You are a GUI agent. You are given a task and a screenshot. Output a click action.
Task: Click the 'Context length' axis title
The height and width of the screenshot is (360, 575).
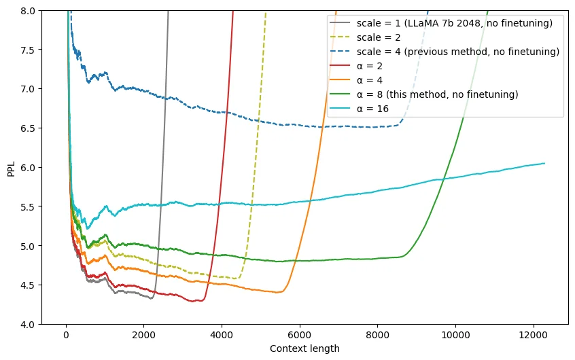[304, 348]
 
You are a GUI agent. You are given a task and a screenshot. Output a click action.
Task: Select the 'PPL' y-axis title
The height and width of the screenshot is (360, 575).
[11, 168]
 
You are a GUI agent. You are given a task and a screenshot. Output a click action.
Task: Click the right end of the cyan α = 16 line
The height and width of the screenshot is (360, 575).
[544, 163]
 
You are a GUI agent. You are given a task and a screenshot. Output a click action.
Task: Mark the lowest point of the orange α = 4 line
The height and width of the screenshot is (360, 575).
[278, 293]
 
